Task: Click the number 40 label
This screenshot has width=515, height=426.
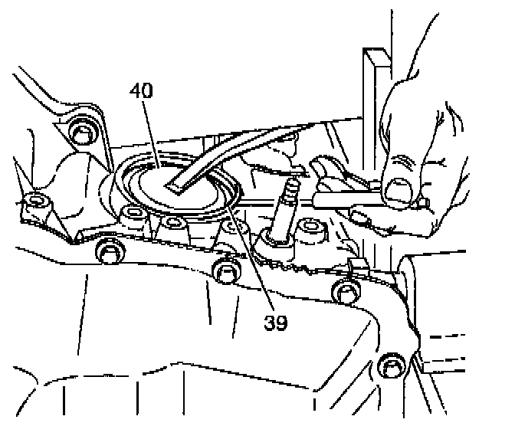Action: (141, 90)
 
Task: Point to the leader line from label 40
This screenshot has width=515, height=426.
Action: (150, 131)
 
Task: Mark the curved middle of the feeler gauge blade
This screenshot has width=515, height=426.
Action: (245, 149)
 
